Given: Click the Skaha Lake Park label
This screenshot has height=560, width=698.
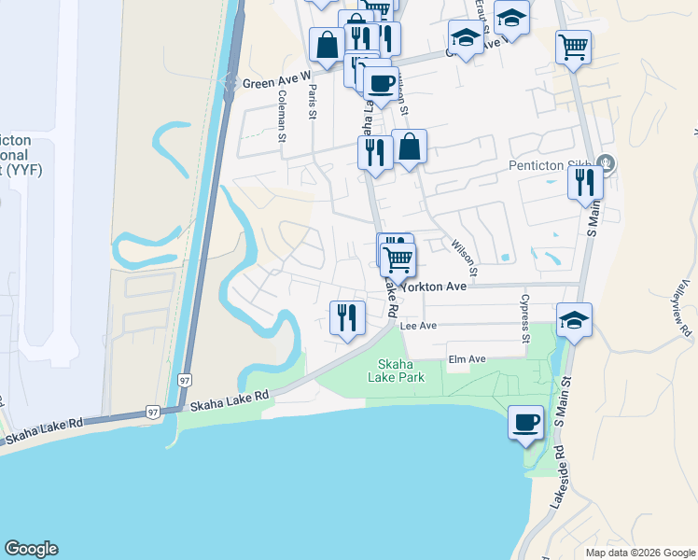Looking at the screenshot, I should pos(400,371).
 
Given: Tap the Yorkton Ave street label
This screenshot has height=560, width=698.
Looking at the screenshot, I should pos(434,287).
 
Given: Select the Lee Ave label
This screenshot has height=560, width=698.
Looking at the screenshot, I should pos(418,327).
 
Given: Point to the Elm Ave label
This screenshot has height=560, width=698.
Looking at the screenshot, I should pos(468,359).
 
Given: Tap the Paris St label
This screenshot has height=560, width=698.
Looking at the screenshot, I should pos(314,102).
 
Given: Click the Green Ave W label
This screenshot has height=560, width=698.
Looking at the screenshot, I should pos(276,82).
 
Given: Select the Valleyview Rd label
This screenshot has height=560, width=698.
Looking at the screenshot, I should pos(686,308).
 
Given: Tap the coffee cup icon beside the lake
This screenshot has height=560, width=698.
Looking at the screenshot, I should pos(525,422).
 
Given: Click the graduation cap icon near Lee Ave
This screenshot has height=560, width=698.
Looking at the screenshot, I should pos(574,321).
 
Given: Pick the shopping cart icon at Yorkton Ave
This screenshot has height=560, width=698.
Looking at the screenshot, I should pos(398,259).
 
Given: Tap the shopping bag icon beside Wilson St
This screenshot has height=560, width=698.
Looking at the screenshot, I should pos(410,147).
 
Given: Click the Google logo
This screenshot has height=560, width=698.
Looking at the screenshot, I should pos(31,549).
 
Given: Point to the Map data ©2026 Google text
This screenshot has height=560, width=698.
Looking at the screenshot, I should pos(639,553).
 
